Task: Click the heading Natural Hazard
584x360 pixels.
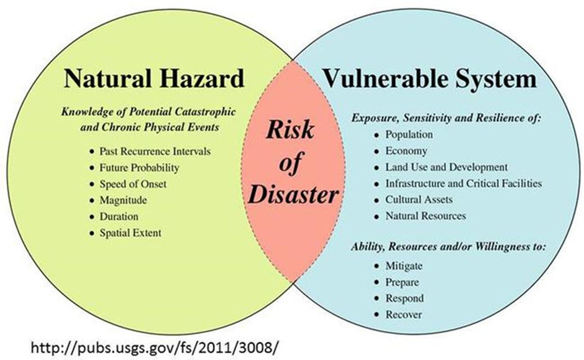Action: pos(154,78)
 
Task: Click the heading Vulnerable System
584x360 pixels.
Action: pos(429,78)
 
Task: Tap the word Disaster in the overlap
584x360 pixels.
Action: pos(293,195)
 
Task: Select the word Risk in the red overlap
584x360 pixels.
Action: pos(290,130)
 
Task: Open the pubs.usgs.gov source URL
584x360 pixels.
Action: pos(154,348)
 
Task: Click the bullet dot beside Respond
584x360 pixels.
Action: pos(377,298)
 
